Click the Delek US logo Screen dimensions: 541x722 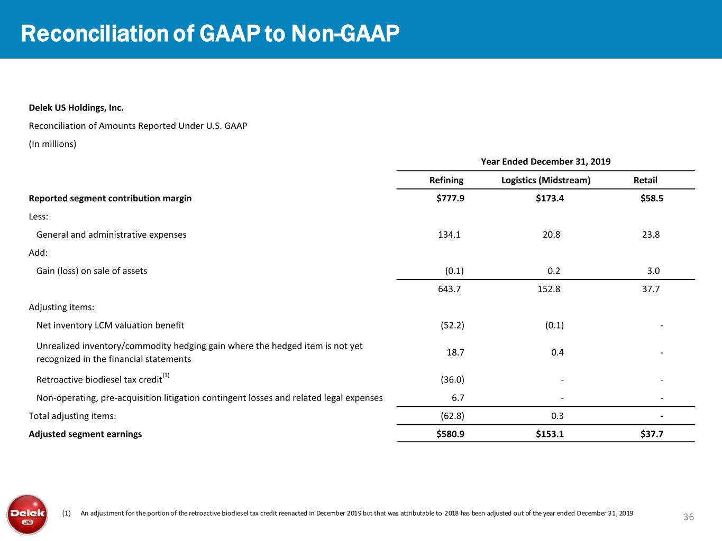tap(28, 515)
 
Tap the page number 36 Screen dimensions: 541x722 tap(688, 517)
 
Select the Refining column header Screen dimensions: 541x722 tap(446, 180)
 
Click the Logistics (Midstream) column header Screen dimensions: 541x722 tap(545, 180)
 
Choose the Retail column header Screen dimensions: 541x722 tap(645, 180)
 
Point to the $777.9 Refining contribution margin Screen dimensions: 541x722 tap(450, 198)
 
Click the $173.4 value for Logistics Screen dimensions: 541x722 tap(550, 198)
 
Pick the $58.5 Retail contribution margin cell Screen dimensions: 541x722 tap(651, 198)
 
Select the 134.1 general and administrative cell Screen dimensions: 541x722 tap(450, 235)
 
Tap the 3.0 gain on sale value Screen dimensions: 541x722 tap(653, 271)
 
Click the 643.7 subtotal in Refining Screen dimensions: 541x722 tap(450, 289)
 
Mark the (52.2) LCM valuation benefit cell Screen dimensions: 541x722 tap(452, 325)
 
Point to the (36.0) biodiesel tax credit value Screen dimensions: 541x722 tap(452, 380)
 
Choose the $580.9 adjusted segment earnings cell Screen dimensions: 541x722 tap(450, 434)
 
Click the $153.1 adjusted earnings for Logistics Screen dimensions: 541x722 tap(550, 434)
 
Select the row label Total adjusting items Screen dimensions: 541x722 tap(72, 416)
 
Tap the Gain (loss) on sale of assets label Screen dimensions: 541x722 tap(92, 271)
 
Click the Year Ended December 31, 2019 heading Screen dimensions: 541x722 tap(545, 162)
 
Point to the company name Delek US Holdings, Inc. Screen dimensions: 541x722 tap(76, 108)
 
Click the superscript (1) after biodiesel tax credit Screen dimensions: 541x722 tap(166, 375)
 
